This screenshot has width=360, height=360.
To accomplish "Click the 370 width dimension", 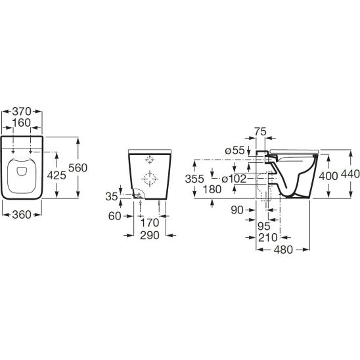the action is click(x=22, y=112).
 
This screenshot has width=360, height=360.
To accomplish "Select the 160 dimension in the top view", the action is click(x=22, y=123).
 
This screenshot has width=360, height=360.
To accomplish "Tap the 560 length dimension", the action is click(x=78, y=168).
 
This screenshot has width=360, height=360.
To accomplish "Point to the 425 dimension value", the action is click(x=56, y=175).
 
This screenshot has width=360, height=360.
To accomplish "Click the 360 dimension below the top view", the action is click(x=22, y=215).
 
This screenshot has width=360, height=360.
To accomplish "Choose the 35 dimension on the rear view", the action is click(x=112, y=196).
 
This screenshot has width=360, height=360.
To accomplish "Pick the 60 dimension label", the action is click(x=114, y=216).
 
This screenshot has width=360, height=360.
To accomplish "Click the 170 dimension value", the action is click(x=150, y=223).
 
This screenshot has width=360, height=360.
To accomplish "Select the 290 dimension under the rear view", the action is click(x=150, y=235).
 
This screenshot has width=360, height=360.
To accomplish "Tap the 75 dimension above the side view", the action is click(x=260, y=132).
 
